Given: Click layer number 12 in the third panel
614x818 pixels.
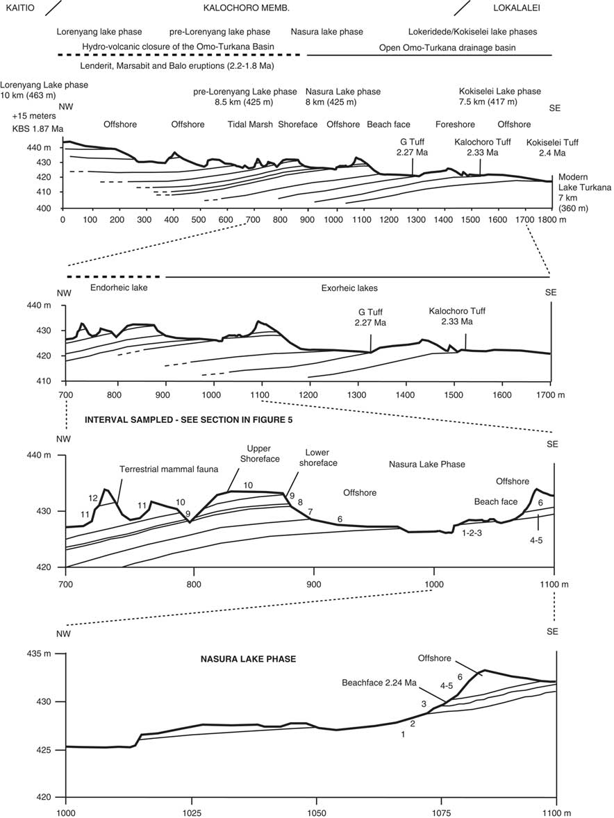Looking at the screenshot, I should pyautogui.click(x=92, y=498).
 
